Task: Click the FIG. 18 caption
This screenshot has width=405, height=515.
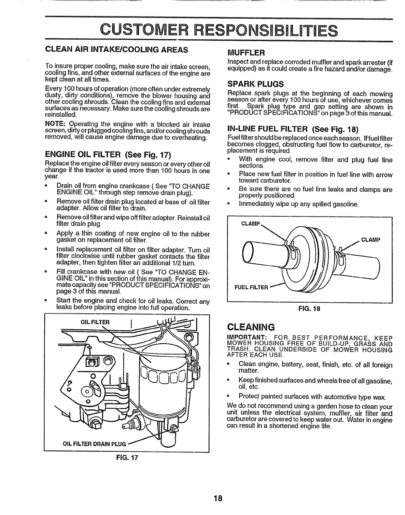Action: tap(309, 309)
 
